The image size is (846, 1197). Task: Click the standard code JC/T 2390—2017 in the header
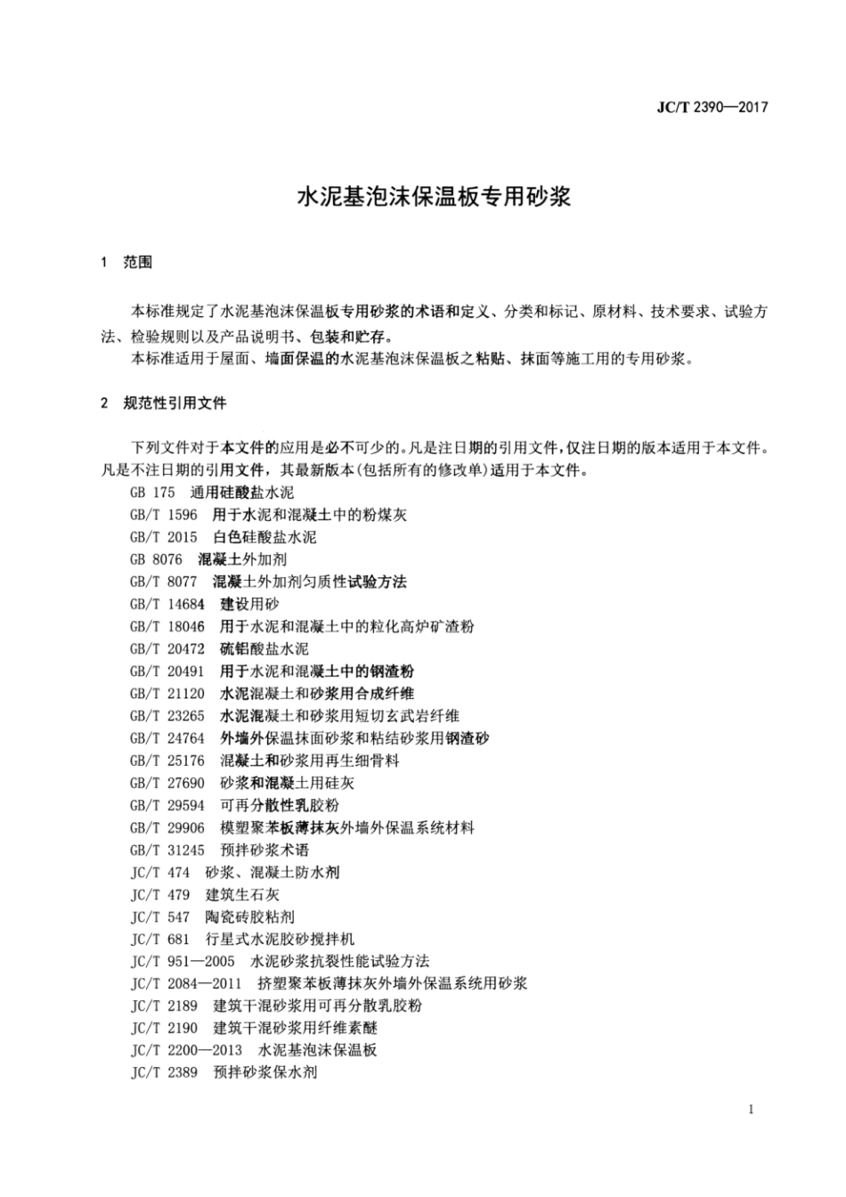[712, 108]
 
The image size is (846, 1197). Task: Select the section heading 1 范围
[127, 262]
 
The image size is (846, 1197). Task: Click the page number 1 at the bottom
[752, 1109]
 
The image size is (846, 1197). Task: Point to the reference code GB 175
[149, 493]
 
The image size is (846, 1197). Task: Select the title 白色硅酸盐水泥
[264, 537]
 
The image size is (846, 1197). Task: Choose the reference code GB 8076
[156, 559]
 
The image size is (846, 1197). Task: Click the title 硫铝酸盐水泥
[264, 648]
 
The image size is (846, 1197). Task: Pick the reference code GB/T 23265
[167, 715]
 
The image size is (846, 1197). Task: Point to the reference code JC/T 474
[160, 872]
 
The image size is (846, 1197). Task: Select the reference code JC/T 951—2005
[183, 961]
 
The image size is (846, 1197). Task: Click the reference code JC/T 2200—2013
[186, 1050]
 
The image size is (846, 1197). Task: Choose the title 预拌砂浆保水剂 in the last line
[265, 1072]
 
